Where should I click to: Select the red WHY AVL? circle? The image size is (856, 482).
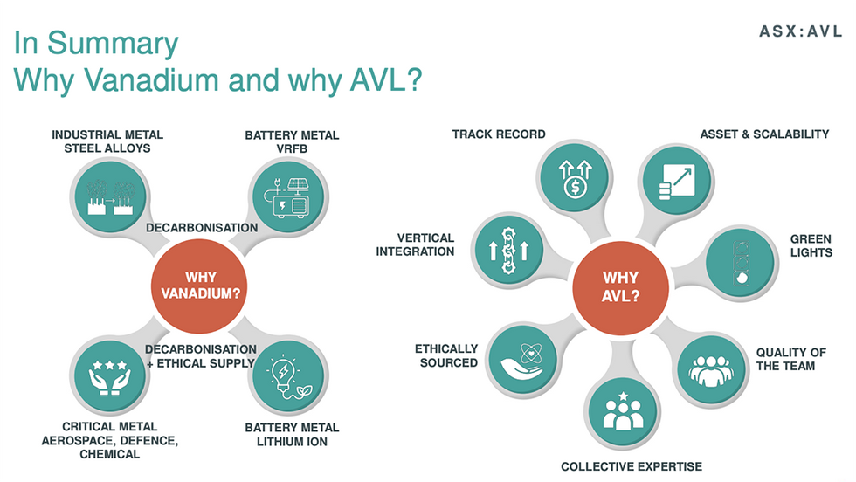pos(621,285)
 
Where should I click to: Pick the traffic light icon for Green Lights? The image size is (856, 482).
pos(740,260)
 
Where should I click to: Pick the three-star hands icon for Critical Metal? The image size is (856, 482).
pos(109,376)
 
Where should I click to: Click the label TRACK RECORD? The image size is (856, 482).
pos(499,134)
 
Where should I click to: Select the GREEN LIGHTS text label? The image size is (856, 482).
pos(811,245)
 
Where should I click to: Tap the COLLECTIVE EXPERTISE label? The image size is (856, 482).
pos(632,466)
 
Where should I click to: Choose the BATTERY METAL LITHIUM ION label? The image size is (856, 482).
pos(292,434)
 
